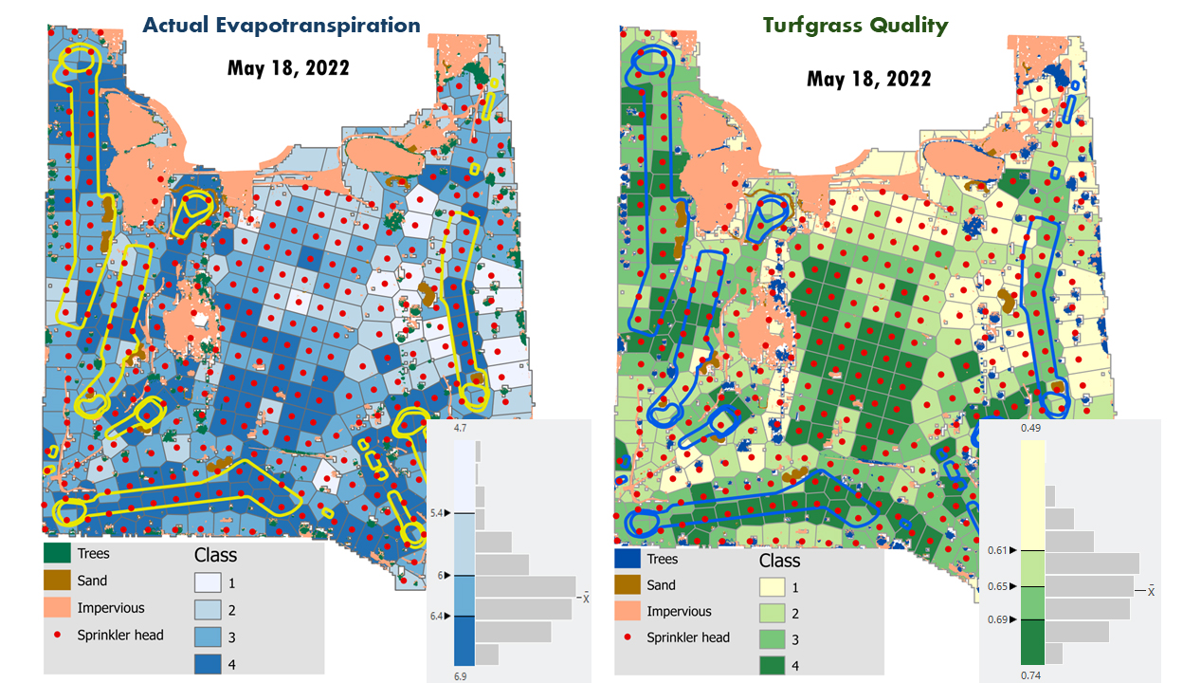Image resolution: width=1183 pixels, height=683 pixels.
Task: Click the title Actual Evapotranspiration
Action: click(x=282, y=26)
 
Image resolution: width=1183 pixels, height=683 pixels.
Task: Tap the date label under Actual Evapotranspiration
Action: click(x=288, y=68)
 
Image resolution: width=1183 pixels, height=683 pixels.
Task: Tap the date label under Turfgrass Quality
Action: click(x=868, y=79)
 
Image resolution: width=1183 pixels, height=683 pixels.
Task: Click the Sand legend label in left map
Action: click(x=92, y=581)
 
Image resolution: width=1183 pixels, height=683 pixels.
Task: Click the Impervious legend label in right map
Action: click(x=679, y=612)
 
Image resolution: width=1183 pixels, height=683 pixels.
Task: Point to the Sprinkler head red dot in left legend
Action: click(x=59, y=634)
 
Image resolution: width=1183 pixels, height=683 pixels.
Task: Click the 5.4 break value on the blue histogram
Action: click(x=437, y=513)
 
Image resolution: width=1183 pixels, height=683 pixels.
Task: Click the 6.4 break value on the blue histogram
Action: click(x=437, y=617)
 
